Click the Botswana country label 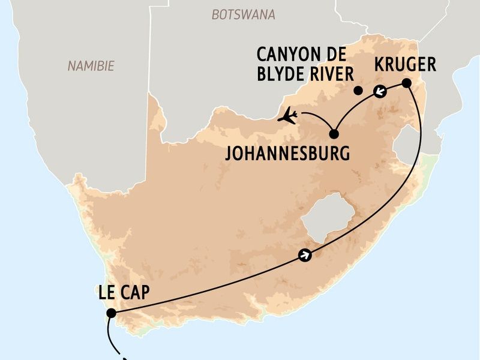[243, 14]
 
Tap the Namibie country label [91, 66]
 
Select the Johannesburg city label [287, 153]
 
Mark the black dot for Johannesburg [334, 134]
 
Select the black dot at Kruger [407, 83]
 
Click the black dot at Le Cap [110, 313]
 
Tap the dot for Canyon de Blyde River [358, 91]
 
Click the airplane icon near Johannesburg [288, 115]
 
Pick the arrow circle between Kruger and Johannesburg [379, 92]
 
